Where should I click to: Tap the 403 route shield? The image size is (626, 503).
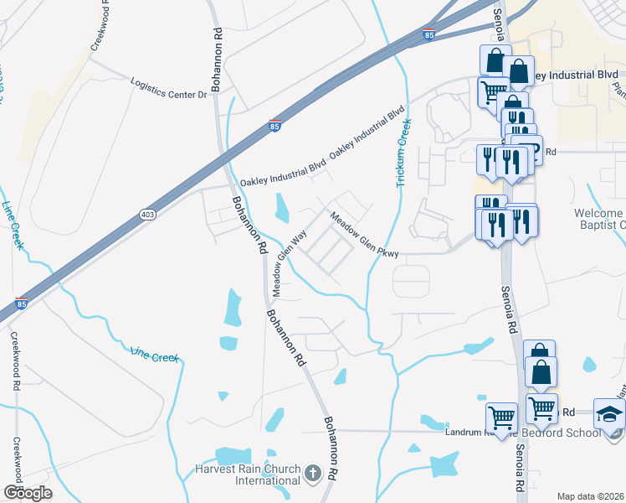148,215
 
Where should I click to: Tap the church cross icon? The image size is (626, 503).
313,474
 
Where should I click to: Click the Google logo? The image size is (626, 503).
28,493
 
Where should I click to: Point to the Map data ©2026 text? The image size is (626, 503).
590,496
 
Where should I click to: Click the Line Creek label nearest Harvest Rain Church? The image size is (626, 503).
154,355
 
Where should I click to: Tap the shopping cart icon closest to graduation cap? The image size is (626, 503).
541,408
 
